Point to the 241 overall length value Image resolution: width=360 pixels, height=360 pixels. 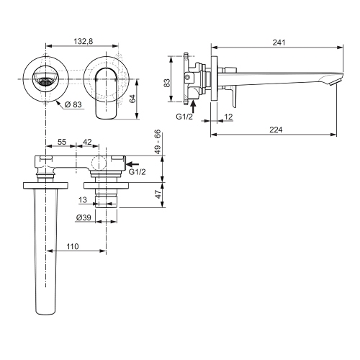click(x=278, y=42)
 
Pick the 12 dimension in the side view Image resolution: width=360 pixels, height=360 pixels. click(x=228, y=117)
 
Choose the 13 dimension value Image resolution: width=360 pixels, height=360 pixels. click(x=83, y=199)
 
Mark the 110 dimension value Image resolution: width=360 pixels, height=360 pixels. click(x=73, y=246)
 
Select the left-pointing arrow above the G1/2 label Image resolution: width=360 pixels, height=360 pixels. click(x=133, y=164)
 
